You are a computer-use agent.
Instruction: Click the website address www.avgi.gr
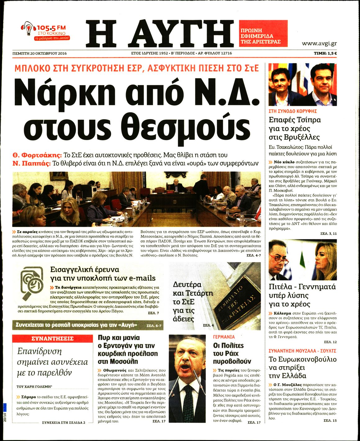[319, 43]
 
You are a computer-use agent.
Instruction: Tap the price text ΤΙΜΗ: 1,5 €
[325, 53]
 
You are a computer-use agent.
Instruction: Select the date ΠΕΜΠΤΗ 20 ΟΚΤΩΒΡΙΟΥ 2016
[39, 53]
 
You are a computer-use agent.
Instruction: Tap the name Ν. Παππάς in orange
[31, 163]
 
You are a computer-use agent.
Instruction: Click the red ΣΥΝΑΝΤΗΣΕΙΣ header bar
[52, 339]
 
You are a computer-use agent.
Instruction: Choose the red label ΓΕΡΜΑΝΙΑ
[224, 337]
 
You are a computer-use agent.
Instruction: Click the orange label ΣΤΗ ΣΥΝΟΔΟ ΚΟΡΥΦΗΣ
[293, 111]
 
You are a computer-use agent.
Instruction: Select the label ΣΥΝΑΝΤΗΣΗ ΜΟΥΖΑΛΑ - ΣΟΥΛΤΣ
[302, 351]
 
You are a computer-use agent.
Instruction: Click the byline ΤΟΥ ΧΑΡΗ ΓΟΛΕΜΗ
[34, 387]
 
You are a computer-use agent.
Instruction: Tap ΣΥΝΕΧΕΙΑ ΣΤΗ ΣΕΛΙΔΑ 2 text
[63, 422]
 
